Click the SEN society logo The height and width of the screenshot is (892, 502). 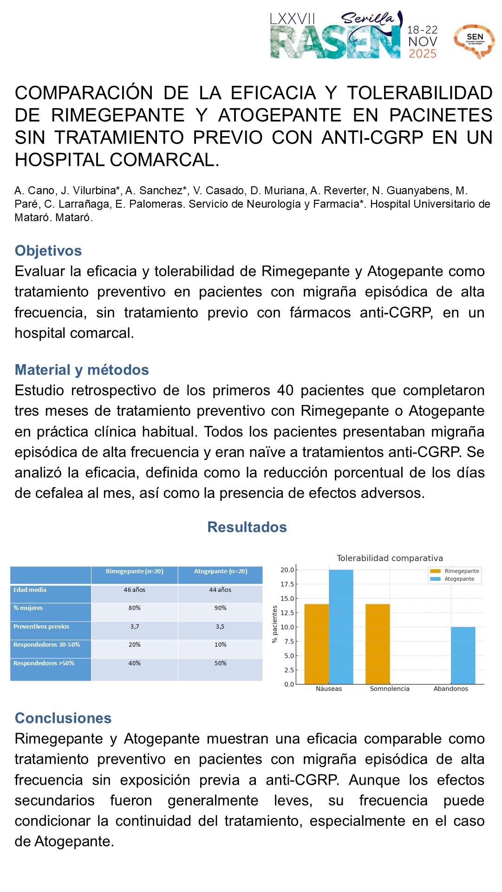tap(474, 41)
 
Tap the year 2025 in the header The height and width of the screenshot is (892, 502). tap(423, 54)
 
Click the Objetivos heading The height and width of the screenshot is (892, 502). tap(48, 250)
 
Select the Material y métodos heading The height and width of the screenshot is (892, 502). tap(82, 370)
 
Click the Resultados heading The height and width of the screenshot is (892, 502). tap(247, 527)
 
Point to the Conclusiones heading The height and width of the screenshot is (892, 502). tap(63, 718)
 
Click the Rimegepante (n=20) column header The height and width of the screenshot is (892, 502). tap(135, 571)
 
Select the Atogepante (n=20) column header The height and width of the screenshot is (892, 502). tap(221, 571)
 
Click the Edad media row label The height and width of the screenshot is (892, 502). tap(30, 590)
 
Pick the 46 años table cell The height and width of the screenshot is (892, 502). tap(135, 590)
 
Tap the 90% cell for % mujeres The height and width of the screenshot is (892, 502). tap(221, 608)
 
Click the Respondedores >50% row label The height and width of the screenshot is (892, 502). tap(44, 663)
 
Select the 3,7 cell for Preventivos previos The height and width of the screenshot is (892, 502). tap(135, 627)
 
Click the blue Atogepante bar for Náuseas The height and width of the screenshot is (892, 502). tap(341, 627)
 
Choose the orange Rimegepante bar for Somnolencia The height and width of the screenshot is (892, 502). tap(378, 644)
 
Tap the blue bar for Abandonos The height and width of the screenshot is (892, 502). tap(463, 656)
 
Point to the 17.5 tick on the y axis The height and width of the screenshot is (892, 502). tap(287, 584)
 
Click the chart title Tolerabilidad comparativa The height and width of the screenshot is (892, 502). tap(390, 558)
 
